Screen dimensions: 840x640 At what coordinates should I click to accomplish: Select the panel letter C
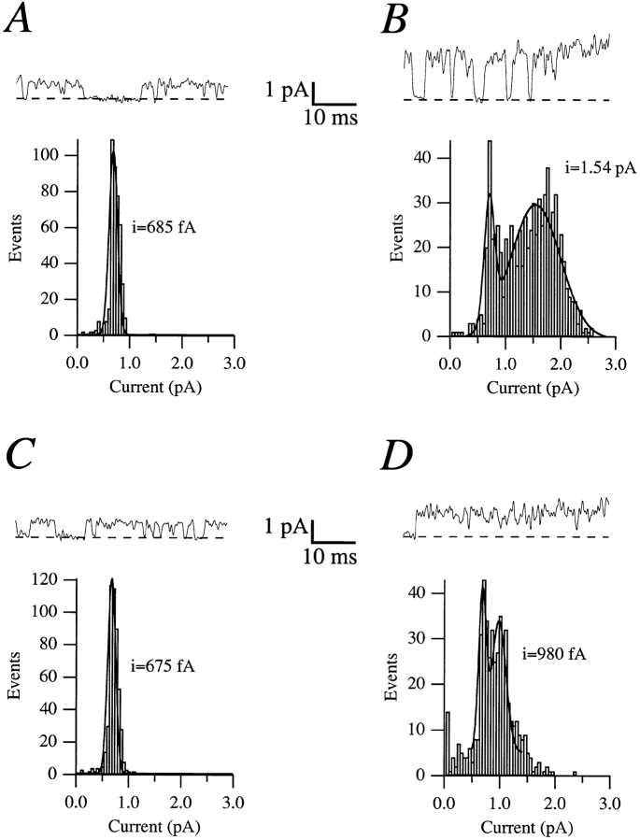pyautogui.click(x=21, y=455)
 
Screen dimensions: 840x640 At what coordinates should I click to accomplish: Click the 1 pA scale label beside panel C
pyautogui.click(x=286, y=528)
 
